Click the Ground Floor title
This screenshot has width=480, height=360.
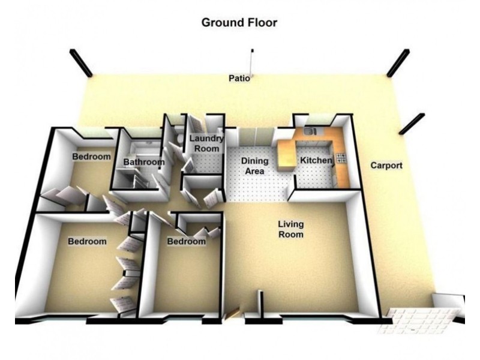coord(239,23)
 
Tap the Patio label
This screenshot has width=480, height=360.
coord(239,78)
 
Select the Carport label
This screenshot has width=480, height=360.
coord(386,166)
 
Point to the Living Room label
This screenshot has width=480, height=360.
coord(291,229)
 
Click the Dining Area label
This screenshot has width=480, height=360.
coord(254,166)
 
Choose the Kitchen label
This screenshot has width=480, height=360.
coord(316,160)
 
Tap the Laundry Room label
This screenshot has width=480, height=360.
coord(206,143)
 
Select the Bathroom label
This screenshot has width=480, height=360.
coord(144,162)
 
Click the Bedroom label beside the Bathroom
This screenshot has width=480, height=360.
coord(92,157)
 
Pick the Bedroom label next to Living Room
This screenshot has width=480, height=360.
coord(187,241)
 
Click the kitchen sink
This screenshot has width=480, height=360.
coord(310,131)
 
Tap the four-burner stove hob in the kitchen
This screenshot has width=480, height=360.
coord(341,158)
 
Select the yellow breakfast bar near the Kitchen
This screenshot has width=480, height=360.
coord(286,155)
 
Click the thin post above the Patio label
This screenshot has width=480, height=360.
coord(252,63)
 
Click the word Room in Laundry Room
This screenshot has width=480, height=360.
coord(207,149)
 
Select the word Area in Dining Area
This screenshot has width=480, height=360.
coord(254,171)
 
